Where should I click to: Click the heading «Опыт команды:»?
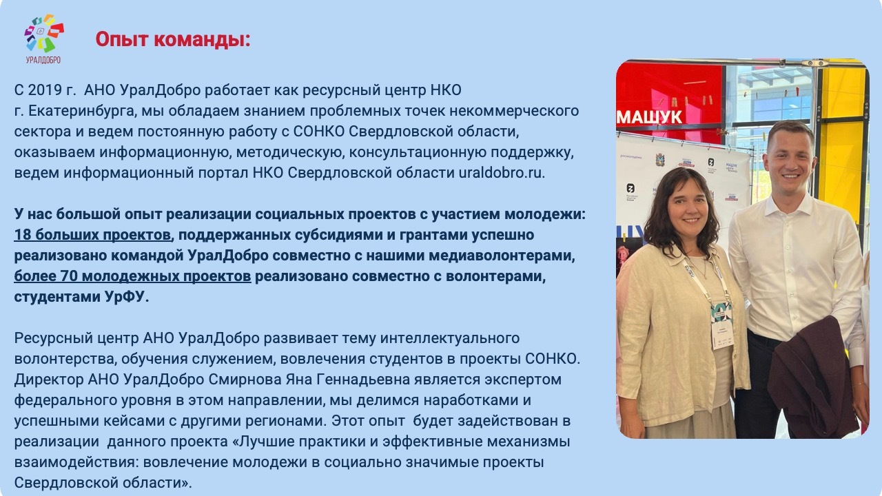pos(173,39)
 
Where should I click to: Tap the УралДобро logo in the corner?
pos(43,39)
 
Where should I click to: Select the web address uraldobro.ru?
pos(502,173)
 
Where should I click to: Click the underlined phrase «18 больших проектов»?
pos(92,235)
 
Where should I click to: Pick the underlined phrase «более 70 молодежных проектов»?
pos(132,276)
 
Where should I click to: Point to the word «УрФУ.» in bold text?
pos(127,297)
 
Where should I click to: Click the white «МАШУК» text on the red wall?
pos(649,117)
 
